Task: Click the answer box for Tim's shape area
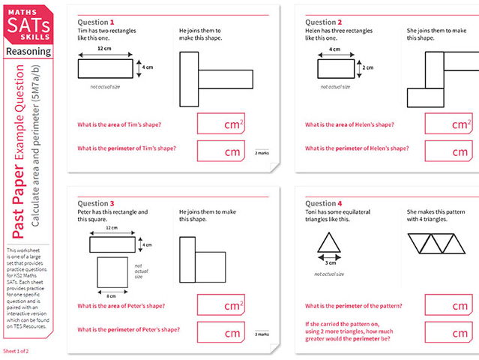(221, 124)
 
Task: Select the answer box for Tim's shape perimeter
(221, 150)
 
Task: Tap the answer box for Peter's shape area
(221, 304)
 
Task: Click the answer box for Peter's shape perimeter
(221, 331)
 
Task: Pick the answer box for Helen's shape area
(448, 124)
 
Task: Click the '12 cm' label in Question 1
(105, 49)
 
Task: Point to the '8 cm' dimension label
(111, 286)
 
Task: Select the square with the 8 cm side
(111, 268)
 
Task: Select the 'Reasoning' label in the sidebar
(28, 52)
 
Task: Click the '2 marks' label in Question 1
(261, 152)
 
